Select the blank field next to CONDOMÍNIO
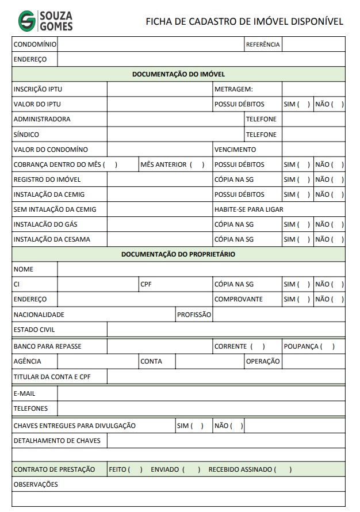click(151, 44)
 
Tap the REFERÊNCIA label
click(262, 44)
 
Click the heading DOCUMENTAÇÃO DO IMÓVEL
click(178, 74)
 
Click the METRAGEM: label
click(233, 89)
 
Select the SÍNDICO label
click(26, 135)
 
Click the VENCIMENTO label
click(235, 150)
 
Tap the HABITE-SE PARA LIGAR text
click(248, 209)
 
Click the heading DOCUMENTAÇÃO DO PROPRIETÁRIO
click(178, 254)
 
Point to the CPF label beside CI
click(146, 284)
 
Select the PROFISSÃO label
click(194, 315)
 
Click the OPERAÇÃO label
click(263, 361)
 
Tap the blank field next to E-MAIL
click(201, 393)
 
